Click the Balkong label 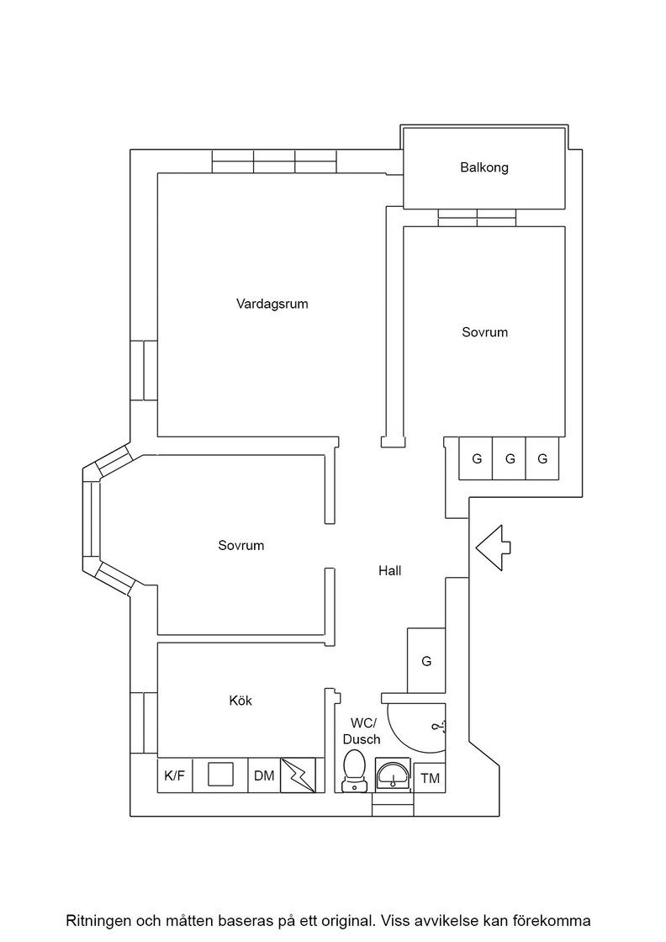(484, 167)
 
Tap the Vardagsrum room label (272, 304)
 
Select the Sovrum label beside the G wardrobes (484, 332)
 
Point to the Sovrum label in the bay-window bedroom (241, 546)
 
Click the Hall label (389, 570)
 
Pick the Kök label (240, 701)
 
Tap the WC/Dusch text (363, 731)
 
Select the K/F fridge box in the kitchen (175, 776)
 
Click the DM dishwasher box (264, 776)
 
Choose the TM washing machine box (430, 778)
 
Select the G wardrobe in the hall (426, 661)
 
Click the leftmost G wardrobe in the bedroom (476, 459)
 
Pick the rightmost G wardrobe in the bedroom (542, 459)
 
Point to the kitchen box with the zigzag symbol (299, 775)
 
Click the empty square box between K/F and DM (220, 775)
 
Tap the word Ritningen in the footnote (98, 920)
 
